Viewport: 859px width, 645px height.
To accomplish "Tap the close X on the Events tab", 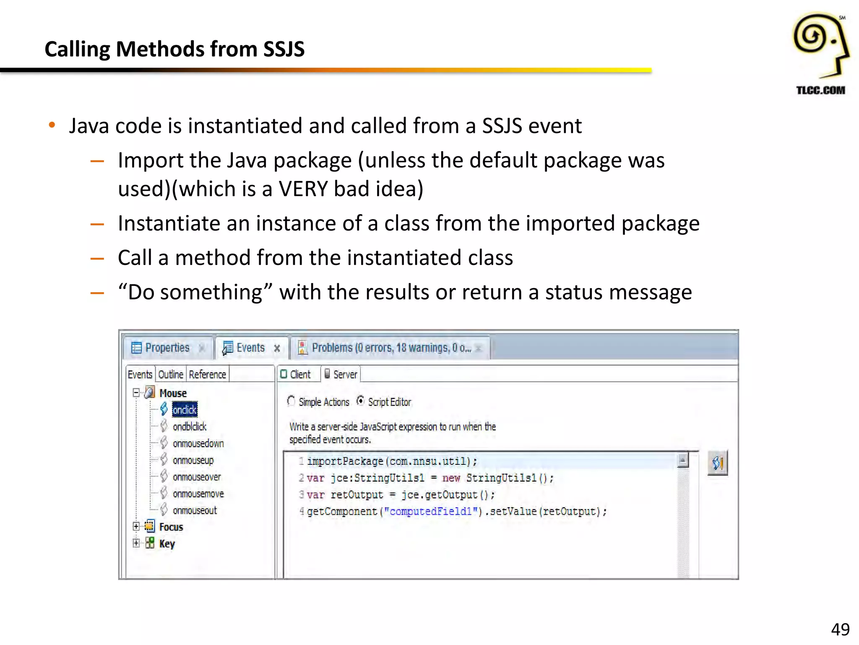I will [277, 348].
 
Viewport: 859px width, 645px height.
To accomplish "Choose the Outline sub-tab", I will [171, 374].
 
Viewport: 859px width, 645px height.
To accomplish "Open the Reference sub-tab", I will [207, 374].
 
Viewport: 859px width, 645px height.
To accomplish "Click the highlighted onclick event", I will [185, 409].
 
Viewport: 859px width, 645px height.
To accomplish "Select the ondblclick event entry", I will [190, 427].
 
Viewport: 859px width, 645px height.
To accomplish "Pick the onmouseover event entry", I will [197, 477].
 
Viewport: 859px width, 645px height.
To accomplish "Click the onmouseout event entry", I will [195, 511].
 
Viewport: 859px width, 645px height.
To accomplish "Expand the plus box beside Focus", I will [136, 527].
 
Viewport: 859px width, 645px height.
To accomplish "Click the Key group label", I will [167, 544].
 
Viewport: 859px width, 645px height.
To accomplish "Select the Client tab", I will [296, 374].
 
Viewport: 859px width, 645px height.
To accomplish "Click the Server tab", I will [341, 374].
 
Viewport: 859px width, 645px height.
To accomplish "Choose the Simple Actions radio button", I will [291, 401].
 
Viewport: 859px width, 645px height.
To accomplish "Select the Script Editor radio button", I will [360, 401].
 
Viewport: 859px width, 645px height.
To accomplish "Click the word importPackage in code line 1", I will [345, 461].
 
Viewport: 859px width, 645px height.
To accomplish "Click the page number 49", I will [840, 629].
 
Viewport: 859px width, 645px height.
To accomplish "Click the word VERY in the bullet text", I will [303, 189].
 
